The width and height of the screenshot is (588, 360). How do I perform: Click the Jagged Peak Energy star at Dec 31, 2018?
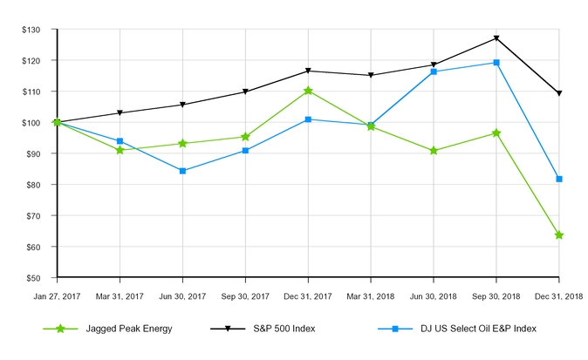coord(559,235)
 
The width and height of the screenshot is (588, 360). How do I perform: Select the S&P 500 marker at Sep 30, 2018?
coord(496,38)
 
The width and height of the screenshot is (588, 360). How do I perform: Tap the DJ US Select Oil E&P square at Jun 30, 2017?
coord(182,171)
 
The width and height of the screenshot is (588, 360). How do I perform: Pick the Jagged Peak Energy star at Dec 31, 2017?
coord(308,91)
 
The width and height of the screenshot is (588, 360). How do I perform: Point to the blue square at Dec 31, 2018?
coord(559,179)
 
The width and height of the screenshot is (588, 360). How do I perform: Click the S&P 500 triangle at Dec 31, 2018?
coord(559,93)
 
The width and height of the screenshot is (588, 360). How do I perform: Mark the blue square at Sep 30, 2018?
coord(496,63)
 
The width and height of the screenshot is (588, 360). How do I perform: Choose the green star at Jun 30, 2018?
coord(434,151)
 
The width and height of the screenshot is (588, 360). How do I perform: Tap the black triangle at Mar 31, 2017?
coord(120,113)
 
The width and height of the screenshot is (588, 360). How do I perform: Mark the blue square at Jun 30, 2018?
coord(434,71)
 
